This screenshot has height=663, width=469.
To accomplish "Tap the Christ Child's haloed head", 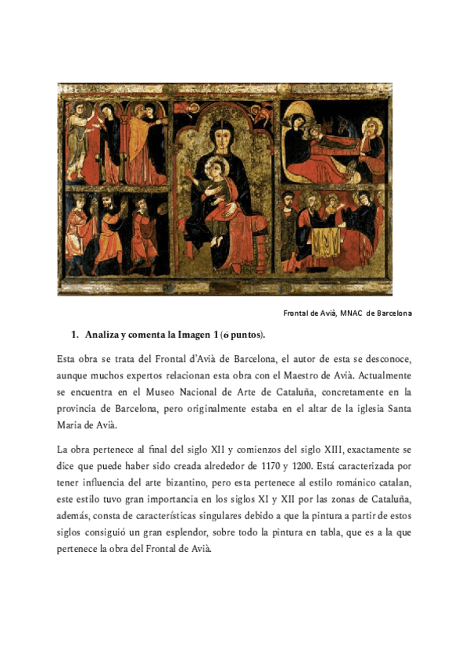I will tap(213, 166).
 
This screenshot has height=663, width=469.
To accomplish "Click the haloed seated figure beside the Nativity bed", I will tap(374, 134).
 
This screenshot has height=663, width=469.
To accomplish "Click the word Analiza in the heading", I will tap(104, 335).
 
